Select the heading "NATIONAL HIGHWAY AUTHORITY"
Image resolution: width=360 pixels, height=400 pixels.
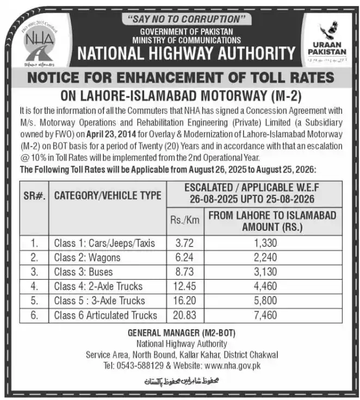click(x=186, y=53)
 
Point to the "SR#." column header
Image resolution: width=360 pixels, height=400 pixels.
click(x=34, y=195)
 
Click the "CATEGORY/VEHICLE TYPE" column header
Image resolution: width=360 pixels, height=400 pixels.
click(x=107, y=195)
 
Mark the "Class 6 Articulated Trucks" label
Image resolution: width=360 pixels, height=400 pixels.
click(x=105, y=315)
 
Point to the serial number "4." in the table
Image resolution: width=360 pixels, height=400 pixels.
click(x=34, y=286)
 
